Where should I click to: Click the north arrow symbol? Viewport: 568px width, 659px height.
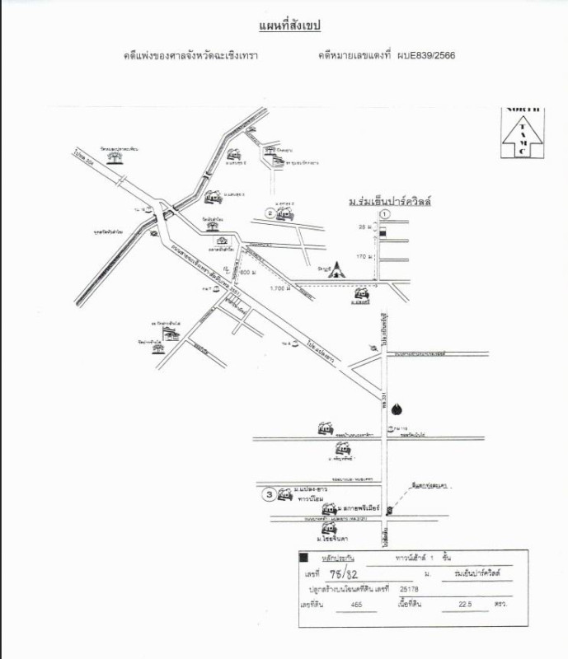pyautogui.click(x=521, y=133)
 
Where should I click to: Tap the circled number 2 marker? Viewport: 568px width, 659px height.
pyautogui.click(x=270, y=213)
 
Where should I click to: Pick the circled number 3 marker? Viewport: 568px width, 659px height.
pyautogui.click(x=269, y=495)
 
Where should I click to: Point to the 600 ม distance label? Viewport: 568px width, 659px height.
pyautogui.click(x=247, y=272)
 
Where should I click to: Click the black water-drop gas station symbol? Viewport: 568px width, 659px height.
pyautogui.click(x=398, y=409)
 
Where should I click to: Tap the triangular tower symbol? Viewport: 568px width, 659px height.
pyautogui.click(x=339, y=269)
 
